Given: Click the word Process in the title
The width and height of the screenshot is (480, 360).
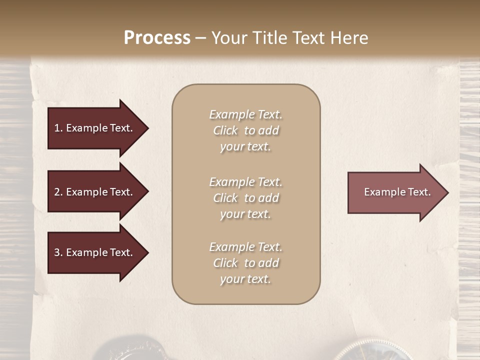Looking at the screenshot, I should pos(157,38).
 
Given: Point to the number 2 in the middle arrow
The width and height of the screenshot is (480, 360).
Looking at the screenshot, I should pos(57,192).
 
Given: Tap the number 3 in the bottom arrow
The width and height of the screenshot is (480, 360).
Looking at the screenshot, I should pos(57,252).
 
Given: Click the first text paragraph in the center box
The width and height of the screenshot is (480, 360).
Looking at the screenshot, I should pos(245,130).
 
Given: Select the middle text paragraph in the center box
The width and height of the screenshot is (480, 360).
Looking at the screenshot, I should pos(245,197).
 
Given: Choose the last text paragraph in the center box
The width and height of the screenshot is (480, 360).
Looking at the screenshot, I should pos(245,263).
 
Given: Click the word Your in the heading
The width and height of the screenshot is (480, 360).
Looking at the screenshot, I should pos(229,38).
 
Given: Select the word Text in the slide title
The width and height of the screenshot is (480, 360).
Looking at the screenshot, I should pos(308,38).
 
